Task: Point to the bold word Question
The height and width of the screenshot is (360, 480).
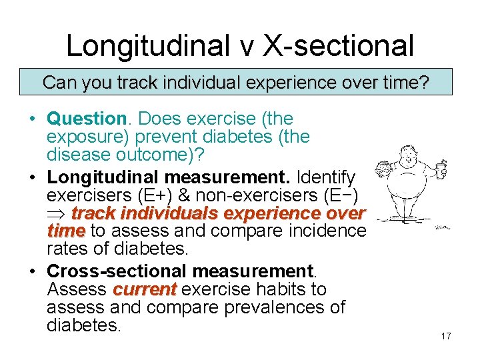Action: [x=87, y=119]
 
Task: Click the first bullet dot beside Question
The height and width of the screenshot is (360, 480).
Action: [x=31, y=120]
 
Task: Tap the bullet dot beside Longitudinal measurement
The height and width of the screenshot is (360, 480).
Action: [x=31, y=179]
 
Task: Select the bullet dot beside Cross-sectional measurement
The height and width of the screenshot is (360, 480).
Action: [x=31, y=272]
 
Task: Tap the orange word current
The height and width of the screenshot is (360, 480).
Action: [x=144, y=289]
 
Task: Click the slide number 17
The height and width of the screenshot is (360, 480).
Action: [x=446, y=336]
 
